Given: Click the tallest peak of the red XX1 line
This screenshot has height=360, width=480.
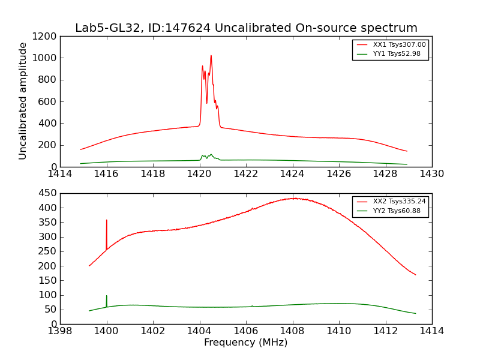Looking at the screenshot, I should click(211, 56).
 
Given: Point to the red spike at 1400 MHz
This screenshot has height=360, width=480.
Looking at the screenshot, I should click(107, 221).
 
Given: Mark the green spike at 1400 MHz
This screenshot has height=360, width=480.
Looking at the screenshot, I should click(107, 296).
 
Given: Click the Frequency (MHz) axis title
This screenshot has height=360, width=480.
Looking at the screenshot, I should click(245, 343).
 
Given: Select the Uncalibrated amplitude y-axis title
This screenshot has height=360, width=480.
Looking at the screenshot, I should click(23, 101).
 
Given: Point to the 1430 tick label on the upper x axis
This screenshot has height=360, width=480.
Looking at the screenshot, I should click(431, 174).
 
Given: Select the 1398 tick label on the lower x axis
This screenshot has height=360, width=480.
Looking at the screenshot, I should click(60, 331).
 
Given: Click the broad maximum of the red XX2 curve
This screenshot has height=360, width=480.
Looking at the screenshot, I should click(293, 198).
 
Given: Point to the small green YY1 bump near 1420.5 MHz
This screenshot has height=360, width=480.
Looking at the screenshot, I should click(211, 154).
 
